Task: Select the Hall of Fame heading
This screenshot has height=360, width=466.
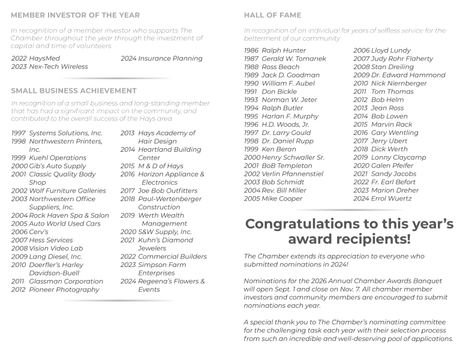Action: [272, 15]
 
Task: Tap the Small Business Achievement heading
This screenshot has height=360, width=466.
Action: [73, 91]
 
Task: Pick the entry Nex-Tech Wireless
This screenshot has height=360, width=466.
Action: [58, 67]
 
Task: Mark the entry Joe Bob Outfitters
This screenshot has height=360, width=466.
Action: [167, 191]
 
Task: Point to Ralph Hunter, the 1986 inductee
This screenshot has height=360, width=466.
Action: [284, 51]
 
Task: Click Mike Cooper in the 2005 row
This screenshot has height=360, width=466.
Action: [282, 199]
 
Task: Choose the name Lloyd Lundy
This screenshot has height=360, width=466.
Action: [391, 51]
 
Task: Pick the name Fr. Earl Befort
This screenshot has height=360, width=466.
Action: [393, 182]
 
